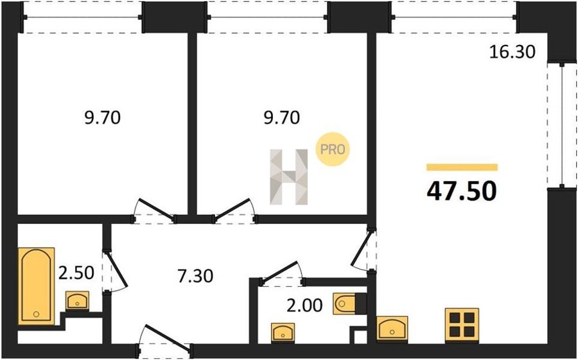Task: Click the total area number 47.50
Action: (462, 192)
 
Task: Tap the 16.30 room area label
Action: (512, 52)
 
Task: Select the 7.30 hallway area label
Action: (195, 276)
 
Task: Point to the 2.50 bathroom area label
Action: (76, 273)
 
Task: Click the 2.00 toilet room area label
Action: (305, 305)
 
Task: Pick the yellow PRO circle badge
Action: (333, 150)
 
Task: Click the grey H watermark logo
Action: (288, 177)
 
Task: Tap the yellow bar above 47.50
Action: (462, 167)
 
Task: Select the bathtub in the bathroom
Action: (36, 286)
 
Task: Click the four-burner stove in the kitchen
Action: (462, 324)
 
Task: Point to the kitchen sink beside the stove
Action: (392, 329)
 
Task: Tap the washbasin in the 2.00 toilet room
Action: (283, 332)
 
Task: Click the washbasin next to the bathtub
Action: (78, 300)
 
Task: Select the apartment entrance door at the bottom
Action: (165, 342)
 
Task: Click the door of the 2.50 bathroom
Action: (115, 272)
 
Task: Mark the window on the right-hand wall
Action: (562, 126)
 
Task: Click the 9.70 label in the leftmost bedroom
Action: (103, 118)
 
